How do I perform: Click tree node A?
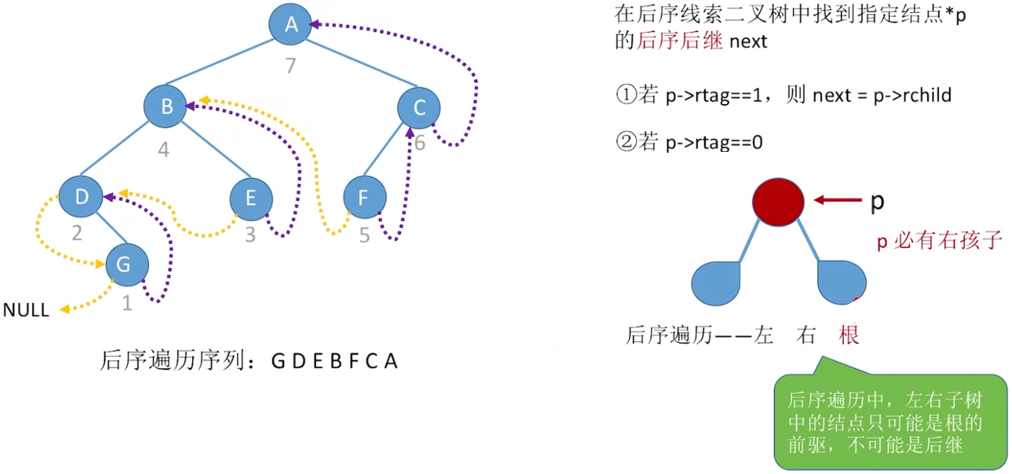click(290, 24)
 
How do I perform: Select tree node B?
click(166, 107)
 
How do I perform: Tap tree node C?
click(419, 108)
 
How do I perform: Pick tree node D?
click(81, 196)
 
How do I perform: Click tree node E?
click(251, 198)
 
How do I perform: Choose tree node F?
click(365, 198)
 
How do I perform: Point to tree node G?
click(127, 264)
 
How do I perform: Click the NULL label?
click(26, 310)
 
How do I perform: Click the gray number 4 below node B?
click(163, 149)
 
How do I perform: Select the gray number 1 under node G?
click(127, 304)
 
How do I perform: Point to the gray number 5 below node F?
click(365, 236)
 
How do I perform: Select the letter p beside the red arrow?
click(877, 202)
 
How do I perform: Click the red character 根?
click(849, 334)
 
